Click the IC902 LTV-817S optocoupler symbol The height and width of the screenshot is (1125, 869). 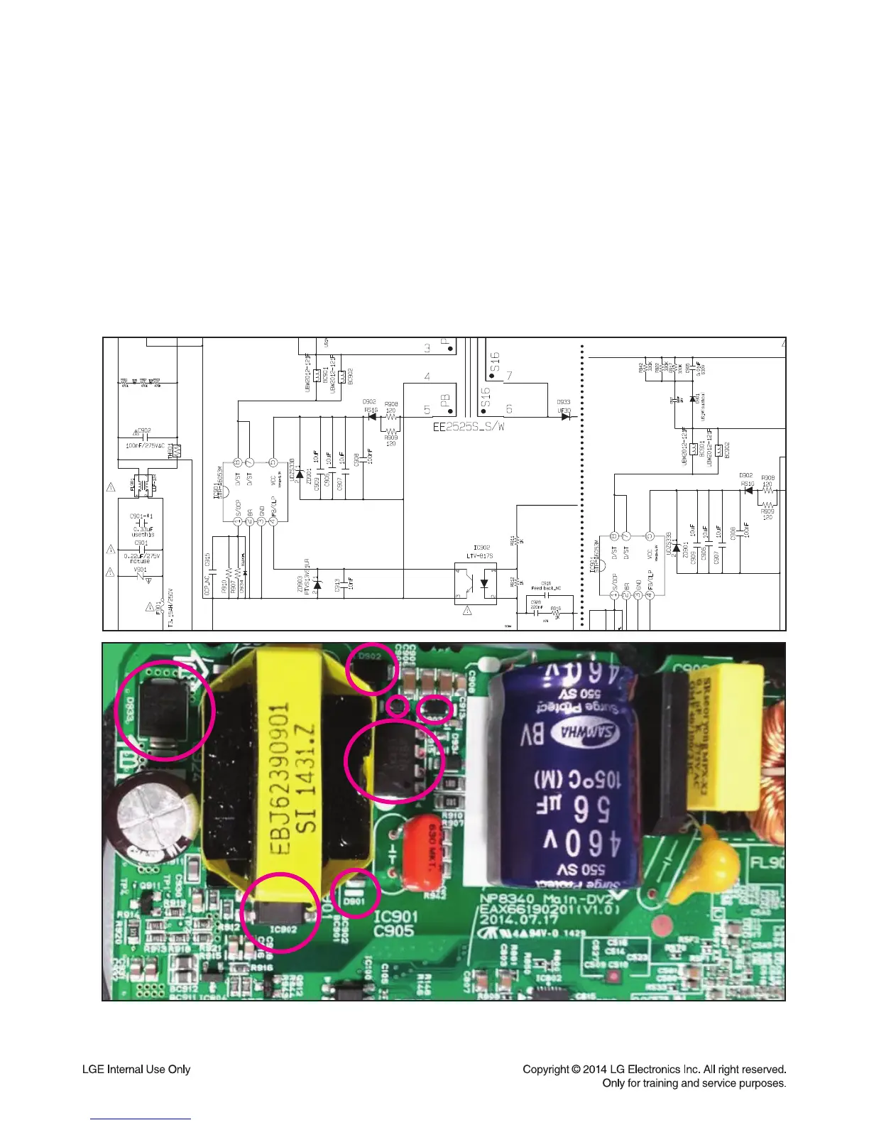coord(476,583)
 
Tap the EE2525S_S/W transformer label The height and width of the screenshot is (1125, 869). coord(468,428)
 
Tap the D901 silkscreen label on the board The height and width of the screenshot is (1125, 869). coord(354,902)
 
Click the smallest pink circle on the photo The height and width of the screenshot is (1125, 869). coord(399,706)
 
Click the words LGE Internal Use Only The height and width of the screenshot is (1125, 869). coord(136,1069)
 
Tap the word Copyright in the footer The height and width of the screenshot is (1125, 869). coord(546,1069)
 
